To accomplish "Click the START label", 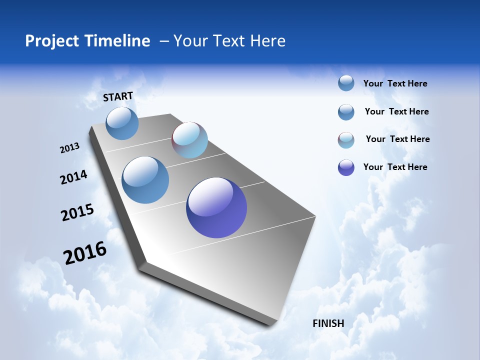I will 118,96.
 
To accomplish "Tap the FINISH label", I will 328,323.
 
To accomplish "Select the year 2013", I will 69,147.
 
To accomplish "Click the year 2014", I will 73,177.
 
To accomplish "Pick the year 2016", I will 85,252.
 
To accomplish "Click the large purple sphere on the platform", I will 216,207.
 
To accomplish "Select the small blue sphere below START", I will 122,123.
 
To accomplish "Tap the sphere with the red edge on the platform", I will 189,140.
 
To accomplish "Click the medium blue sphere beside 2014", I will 145,180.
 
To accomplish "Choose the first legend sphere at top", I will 346,83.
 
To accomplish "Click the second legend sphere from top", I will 346,112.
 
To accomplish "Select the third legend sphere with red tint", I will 346,140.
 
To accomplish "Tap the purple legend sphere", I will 346,167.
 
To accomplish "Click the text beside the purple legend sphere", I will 395,167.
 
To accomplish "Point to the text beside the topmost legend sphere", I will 395,83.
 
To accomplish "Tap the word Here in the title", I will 267,41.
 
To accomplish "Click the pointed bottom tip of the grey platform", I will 270,325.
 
